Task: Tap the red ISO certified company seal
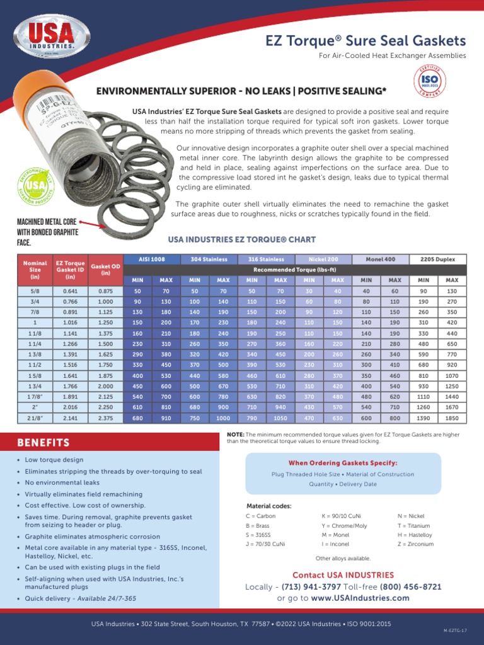(430, 81)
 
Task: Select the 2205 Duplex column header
(437, 260)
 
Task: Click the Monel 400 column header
(380, 260)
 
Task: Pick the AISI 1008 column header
(151, 260)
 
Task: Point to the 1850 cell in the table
(451, 418)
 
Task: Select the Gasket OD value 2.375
(105, 418)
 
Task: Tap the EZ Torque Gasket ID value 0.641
(70, 292)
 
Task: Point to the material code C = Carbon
(260, 516)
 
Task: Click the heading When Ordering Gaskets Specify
(342, 463)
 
